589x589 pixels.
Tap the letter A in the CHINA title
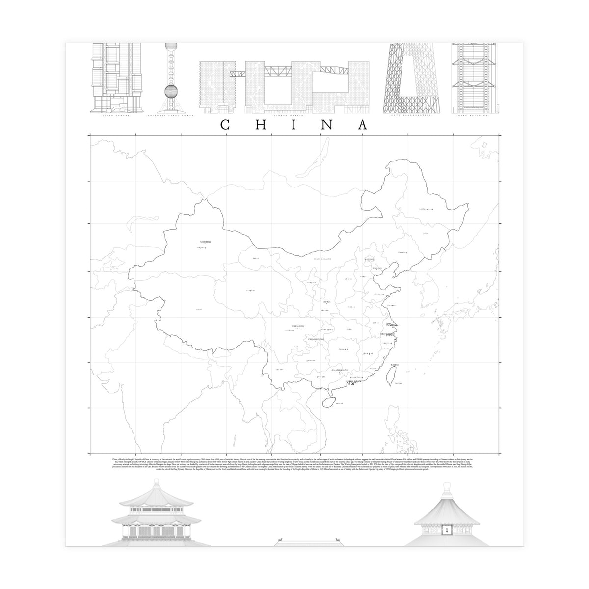[x=363, y=125]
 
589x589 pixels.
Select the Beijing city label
[x=370, y=259]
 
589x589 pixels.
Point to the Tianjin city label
[x=377, y=268]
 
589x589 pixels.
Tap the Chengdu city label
[x=298, y=326]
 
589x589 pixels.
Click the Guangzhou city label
[x=340, y=370]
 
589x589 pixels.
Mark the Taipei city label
[x=395, y=365]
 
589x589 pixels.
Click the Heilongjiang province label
[x=427, y=209]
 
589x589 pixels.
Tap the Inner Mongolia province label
[x=322, y=258]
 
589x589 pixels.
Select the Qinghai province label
[x=250, y=291]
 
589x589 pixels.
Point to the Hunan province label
[x=344, y=349]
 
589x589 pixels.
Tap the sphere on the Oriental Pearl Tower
[x=170, y=91]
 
